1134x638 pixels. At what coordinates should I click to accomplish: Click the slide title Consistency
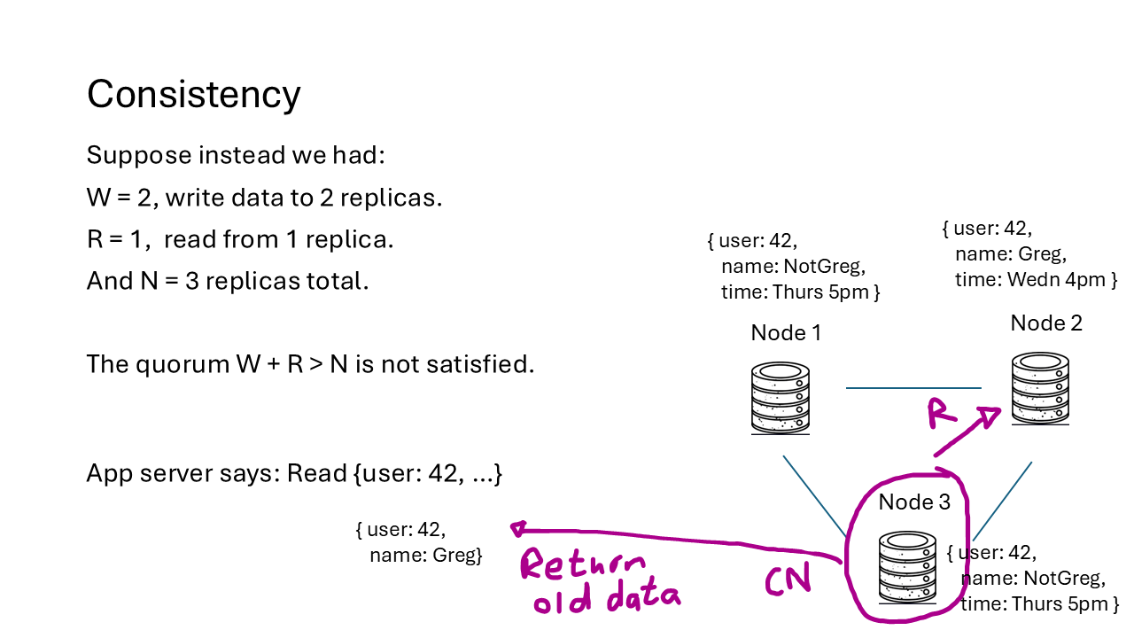[193, 94]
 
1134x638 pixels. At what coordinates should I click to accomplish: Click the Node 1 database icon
[780, 398]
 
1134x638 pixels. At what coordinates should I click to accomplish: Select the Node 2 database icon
[1041, 388]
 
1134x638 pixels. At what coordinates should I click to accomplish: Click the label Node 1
[786, 332]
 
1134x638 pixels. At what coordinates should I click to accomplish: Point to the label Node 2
[1046, 323]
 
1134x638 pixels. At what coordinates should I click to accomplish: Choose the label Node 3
[914, 502]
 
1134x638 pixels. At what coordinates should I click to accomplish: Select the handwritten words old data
[605, 600]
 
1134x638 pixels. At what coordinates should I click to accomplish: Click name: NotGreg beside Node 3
[1033, 579]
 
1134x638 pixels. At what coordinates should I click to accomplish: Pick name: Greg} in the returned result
[425, 556]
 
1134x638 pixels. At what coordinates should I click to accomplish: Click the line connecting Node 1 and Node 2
[913, 388]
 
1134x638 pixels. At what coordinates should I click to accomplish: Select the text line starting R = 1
[240, 239]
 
